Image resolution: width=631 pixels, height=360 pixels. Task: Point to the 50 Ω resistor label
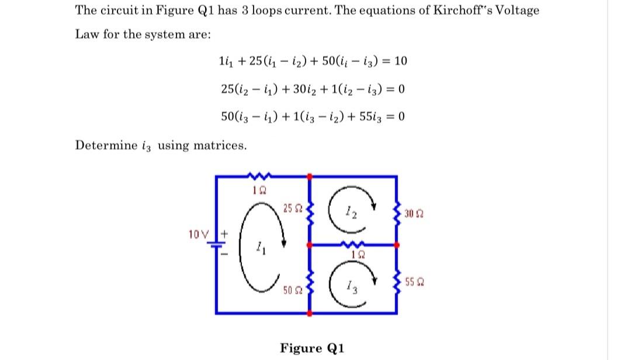289,290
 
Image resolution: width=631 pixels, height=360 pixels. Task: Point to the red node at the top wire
310,175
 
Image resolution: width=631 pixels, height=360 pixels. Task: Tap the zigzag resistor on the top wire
256,175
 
